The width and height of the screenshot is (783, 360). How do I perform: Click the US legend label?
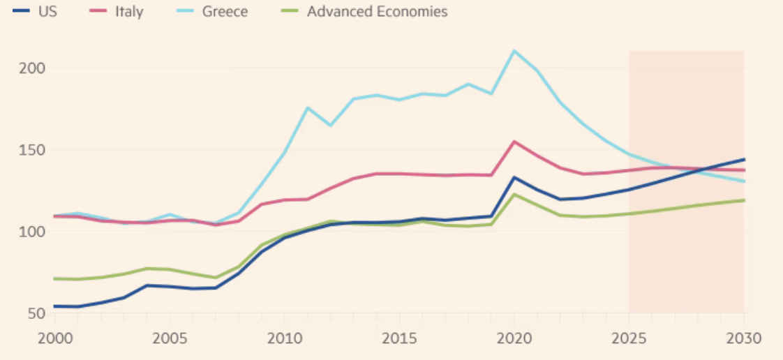(47, 12)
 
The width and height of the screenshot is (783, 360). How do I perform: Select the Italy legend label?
(129, 12)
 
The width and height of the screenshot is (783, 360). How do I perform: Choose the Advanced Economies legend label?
(377, 12)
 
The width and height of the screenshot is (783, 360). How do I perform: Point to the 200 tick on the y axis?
(27, 68)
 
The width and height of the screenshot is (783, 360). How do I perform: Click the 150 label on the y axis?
(27, 149)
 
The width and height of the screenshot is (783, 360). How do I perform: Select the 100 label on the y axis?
(27, 231)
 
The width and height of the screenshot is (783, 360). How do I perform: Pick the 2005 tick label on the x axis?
(169, 338)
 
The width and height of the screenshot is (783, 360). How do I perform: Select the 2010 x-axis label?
(283, 338)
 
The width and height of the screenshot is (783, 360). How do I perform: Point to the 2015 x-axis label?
(398, 338)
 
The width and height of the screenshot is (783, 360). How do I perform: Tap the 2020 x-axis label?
(514, 338)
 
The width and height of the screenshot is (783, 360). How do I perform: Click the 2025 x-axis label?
(628, 338)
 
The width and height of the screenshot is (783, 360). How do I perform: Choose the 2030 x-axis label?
(743, 338)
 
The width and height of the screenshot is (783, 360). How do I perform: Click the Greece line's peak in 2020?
(514, 51)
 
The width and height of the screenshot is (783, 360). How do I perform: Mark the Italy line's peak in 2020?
(514, 142)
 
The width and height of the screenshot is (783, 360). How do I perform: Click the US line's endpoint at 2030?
(744, 159)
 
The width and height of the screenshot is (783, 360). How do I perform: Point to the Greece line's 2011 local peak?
(307, 107)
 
